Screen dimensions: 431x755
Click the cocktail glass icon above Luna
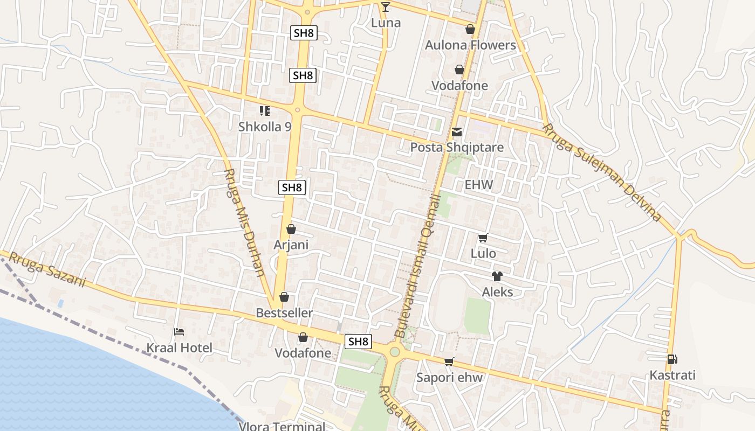pyautogui.click(x=385, y=6)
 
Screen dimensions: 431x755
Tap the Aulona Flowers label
pyautogui.click(x=470, y=45)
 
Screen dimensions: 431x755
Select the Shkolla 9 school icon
pyautogui.click(x=265, y=111)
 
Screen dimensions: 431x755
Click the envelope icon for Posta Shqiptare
pyautogui.click(x=457, y=132)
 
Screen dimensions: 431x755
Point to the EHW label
pyautogui.click(x=479, y=185)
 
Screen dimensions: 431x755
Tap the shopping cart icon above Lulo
pyautogui.click(x=483, y=238)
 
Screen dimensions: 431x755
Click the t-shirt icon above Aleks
pyautogui.click(x=497, y=276)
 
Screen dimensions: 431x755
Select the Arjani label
pyautogui.click(x=291, y=245)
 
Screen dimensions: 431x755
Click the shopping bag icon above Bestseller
pyautogui.click(x=284, y=297)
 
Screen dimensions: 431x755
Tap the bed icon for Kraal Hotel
pyautogui.click(x=179, y=332)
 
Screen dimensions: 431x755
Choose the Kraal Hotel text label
pyautogui.click(x=180, y=348)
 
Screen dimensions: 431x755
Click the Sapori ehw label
pyautogui.click(x=449, y=378)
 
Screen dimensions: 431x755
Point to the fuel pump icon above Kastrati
pyautogui.click(x=672, y=359)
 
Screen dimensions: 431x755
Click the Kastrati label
pyautogui.click(x=672, y=375)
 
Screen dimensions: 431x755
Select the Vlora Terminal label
pyautogui.click(x=282, y=426)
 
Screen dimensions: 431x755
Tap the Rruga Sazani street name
pyautogui.click(x=47, y=269)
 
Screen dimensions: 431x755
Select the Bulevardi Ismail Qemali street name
pyautogui.click(x=418, y=267)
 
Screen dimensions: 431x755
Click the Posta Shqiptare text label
pyautogui.click(x=457, y=148)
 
